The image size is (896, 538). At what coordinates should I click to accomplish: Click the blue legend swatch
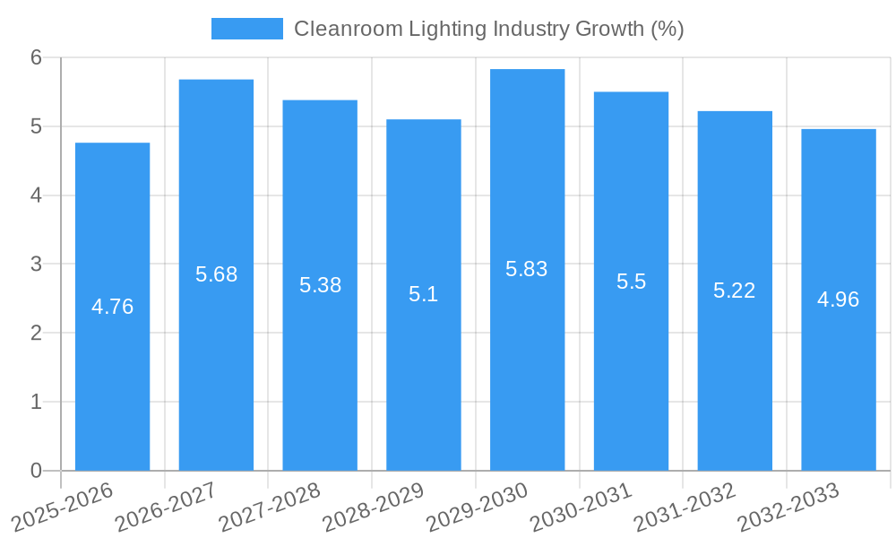(246, 29)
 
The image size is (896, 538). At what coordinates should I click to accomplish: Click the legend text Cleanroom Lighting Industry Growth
(488, 29)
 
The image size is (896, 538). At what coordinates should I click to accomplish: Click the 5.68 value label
(216, 274)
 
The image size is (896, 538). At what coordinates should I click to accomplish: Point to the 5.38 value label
(320, 285)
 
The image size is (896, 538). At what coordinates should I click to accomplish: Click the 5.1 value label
(423, 294)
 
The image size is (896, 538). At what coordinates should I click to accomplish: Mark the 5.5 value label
(631, 282)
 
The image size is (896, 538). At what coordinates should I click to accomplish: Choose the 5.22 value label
(734, 291)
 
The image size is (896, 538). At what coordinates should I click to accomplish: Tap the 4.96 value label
(838, 299)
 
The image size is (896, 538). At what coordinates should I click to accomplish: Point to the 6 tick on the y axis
(36, 57)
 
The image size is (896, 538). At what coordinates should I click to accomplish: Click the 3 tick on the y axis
(36, 265)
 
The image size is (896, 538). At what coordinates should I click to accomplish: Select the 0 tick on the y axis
(36, 471)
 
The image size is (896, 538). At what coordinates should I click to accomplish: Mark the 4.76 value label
(112, 307)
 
